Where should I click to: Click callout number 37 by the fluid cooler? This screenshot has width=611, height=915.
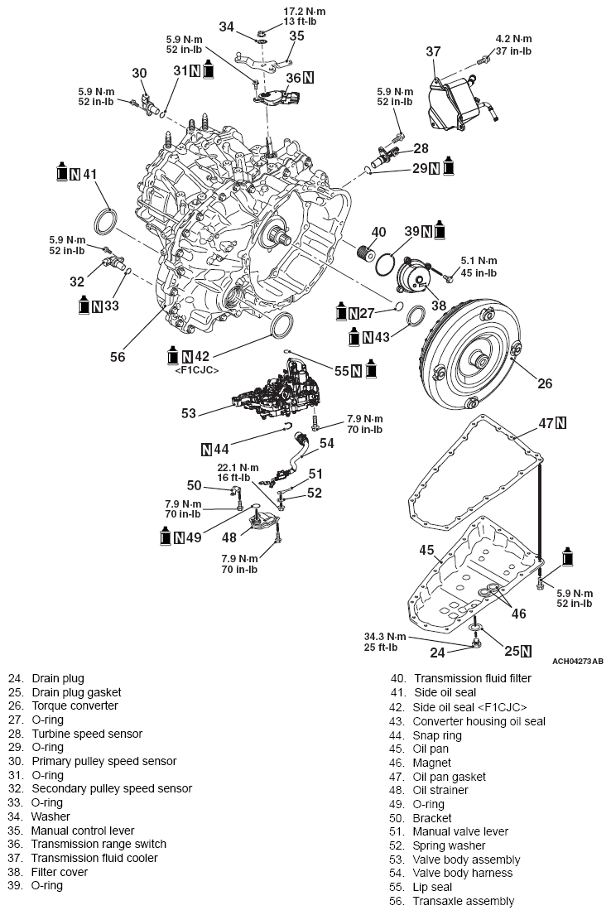click(433, 52)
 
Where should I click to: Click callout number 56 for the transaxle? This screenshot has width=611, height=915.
click(118, 356)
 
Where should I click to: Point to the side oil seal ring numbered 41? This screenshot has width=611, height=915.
click(106, 224)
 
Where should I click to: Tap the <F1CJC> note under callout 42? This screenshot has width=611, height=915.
click(196, 369)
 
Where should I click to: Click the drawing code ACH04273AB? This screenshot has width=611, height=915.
click(577, 661)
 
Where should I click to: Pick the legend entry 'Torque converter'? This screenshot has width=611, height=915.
click(75, 706)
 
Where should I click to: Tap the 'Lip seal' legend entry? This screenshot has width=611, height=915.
click(435, 887)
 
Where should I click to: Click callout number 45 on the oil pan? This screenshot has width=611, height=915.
click(426, 549)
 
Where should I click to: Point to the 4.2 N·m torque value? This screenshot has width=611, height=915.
click(513, 39)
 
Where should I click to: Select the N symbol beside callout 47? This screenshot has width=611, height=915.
click(561, 423)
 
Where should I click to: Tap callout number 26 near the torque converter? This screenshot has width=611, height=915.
click(544, 383)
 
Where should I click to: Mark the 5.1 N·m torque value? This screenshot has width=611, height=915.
click(479, 261)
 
